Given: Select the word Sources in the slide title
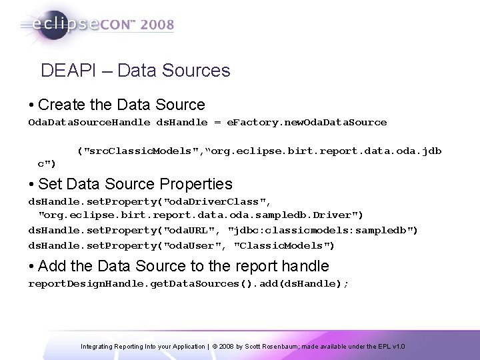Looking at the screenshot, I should tap(199, 71).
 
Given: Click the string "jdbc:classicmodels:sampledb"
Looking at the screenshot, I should tap(323, 230).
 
